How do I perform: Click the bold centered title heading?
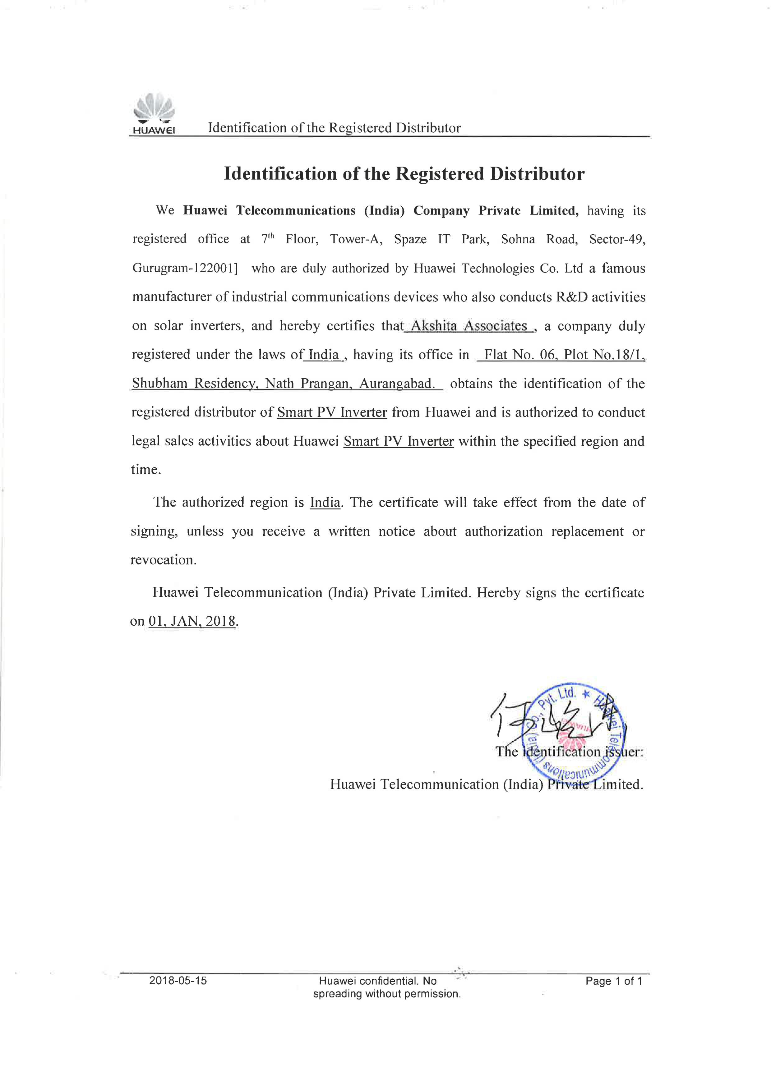click(x=404, y=174)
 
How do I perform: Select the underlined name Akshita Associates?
click(x=469, y=326)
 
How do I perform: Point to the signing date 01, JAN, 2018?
click(x=192, y=621)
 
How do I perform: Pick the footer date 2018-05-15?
click(x=178, y=980)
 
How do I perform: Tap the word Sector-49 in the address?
click(x=617, y=239)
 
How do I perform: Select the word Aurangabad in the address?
click(x=396, y=384)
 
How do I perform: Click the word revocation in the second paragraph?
click(x=163, y=560)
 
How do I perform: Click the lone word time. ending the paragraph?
click(x=146, y=470)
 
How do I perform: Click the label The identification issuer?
click(x=569, y=752)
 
